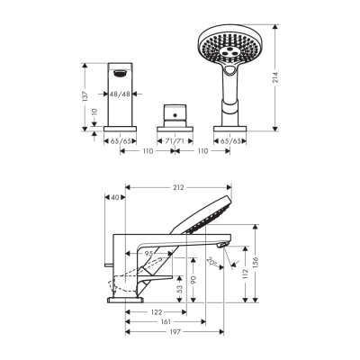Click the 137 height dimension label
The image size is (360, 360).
click(85, 94)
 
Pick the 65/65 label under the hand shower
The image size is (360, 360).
click(229, 141)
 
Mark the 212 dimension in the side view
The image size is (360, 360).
click(179, 188)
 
